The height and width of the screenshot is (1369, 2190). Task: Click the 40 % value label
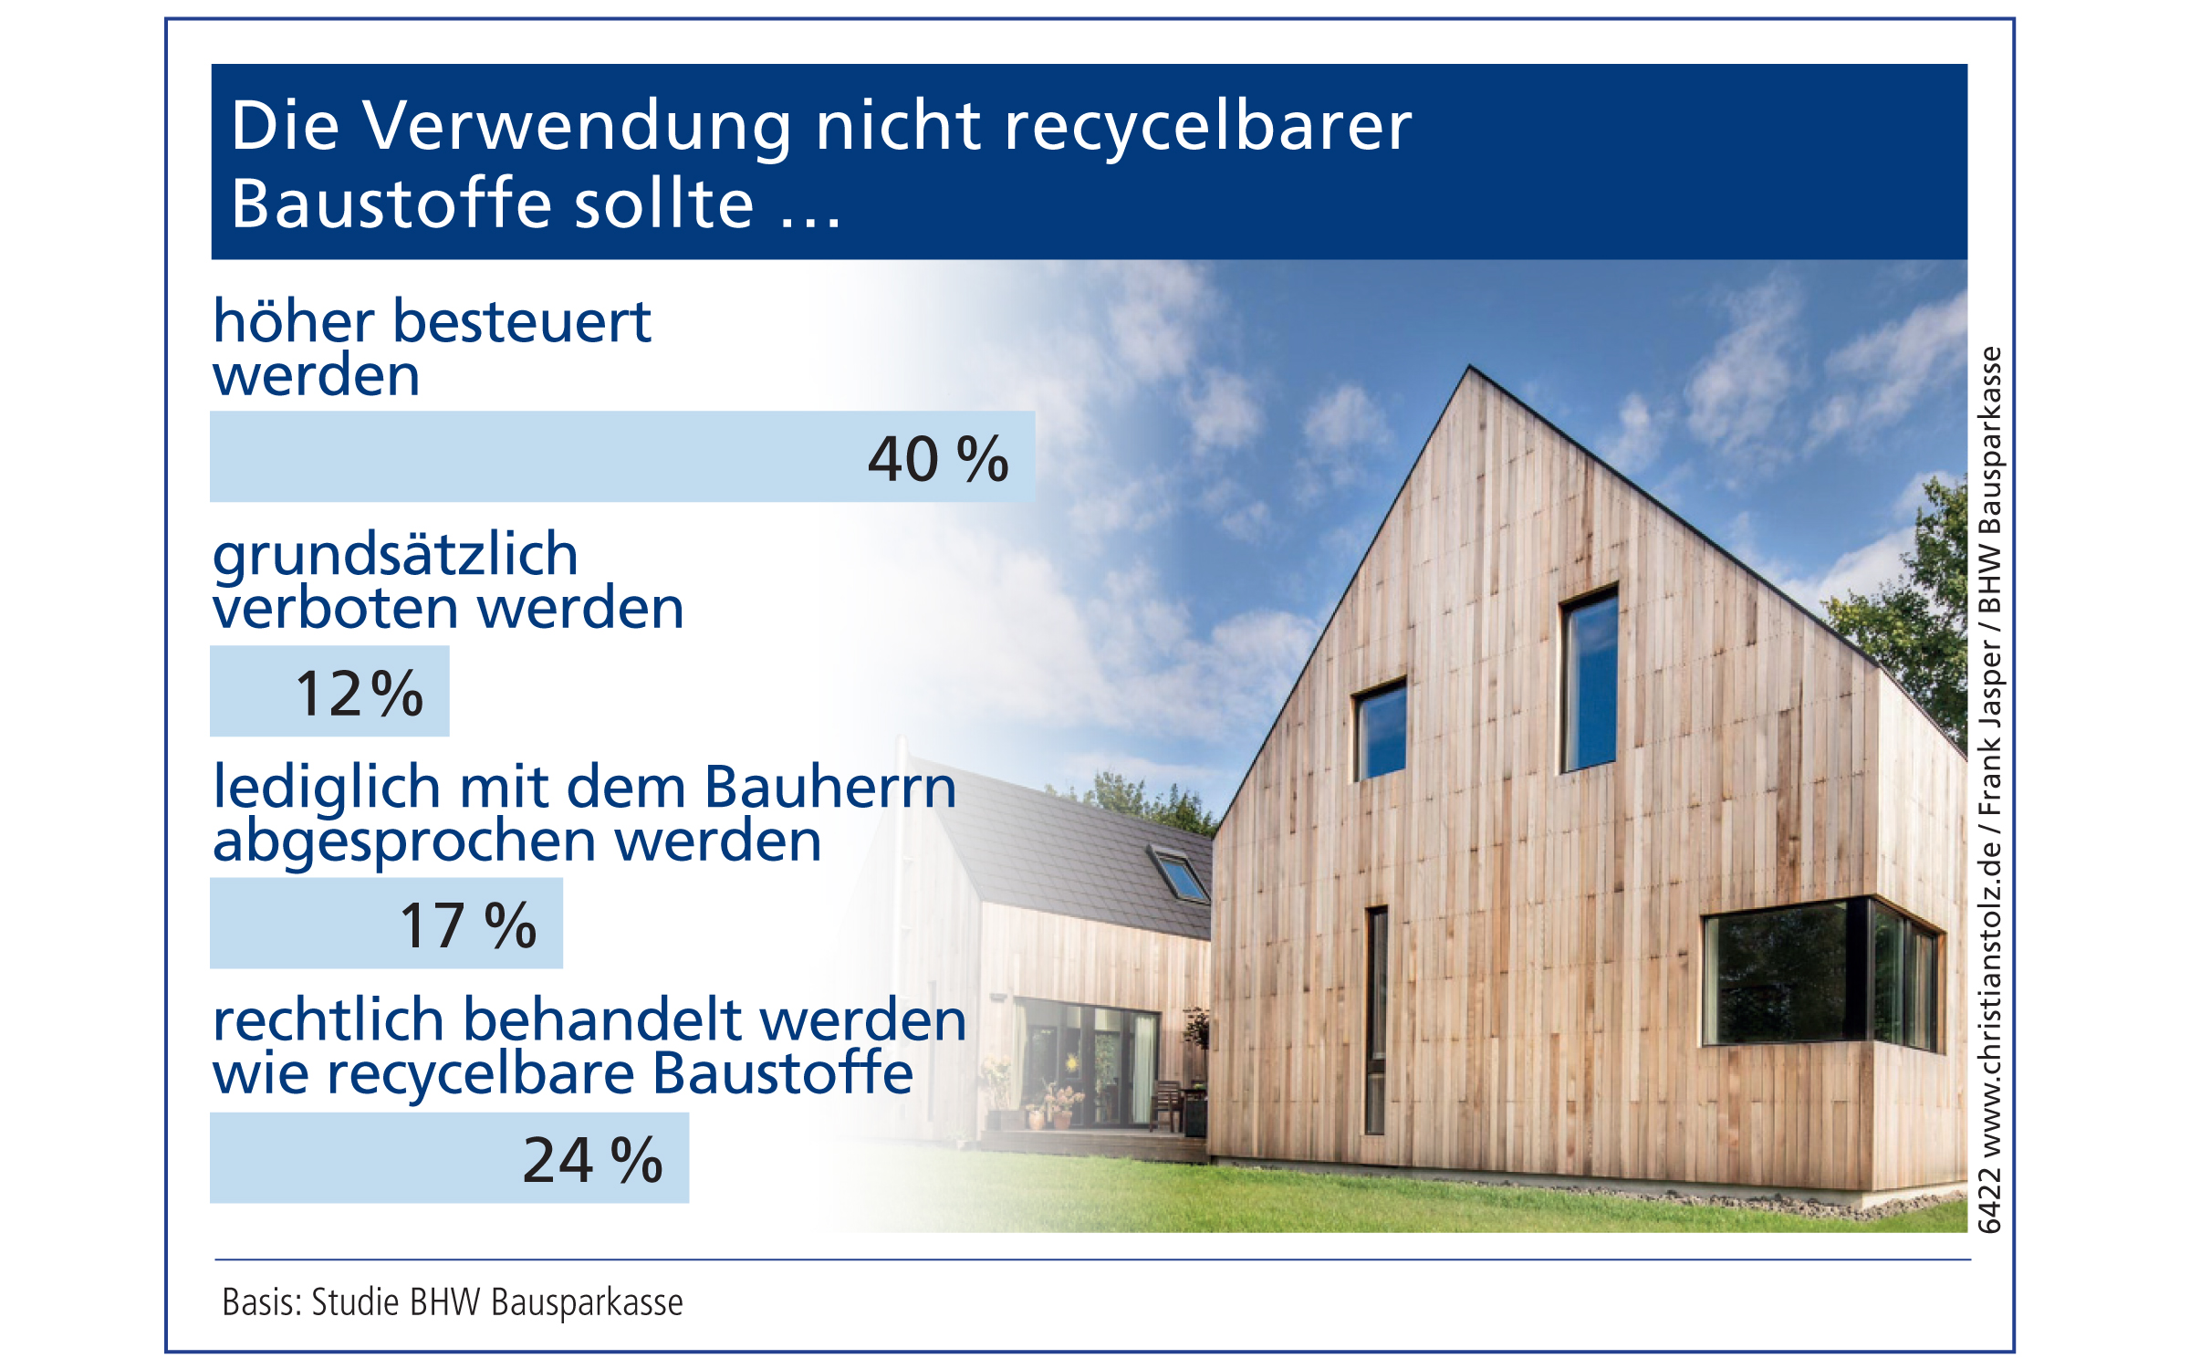point(938,458)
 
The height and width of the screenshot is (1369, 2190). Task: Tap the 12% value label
point(360,694)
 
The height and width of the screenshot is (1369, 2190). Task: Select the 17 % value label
point(468,925)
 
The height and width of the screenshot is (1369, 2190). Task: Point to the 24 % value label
point(593,1160)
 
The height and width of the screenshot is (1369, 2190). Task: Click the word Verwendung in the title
point(579,126)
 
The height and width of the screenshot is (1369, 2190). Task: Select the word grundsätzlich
point(395,556)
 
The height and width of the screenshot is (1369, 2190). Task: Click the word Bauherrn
point(830,786)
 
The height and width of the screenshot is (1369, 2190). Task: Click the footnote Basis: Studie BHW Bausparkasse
point(453,1302)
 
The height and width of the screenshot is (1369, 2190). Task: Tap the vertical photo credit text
point(1989,789)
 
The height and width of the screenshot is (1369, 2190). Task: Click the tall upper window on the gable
point(1589,678)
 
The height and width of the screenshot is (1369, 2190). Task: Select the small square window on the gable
point(1379,729)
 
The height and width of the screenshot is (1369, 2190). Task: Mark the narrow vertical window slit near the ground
point(1376,1020)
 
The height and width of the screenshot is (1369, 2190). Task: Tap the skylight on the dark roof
point(1180,875)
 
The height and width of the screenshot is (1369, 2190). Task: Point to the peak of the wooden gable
point(1469,366)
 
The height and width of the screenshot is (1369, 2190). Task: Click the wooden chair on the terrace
point(1166,1104)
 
